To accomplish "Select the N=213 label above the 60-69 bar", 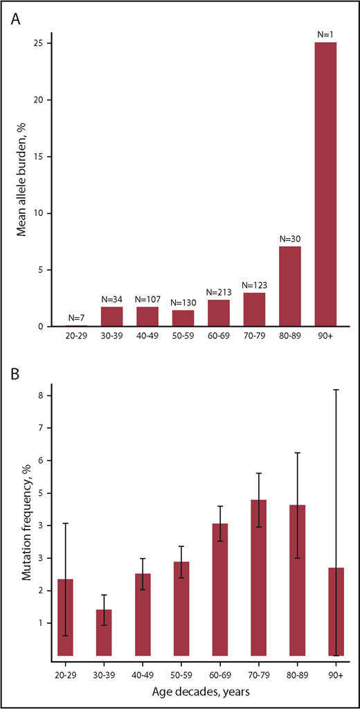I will tap(219, 293).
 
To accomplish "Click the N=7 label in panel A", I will tap(75, 318).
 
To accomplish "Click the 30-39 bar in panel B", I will tap(104, 632).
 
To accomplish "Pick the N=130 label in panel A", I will tap(182, 303).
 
